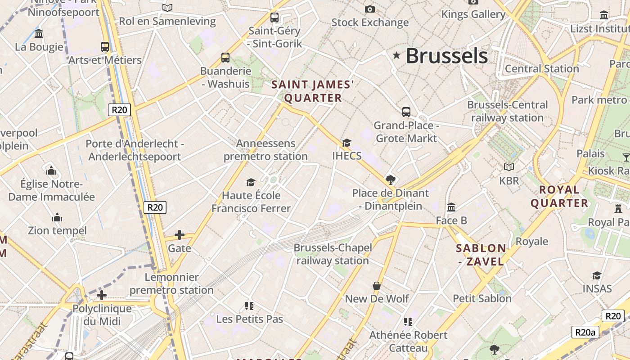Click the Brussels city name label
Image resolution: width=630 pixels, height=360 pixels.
(x=446, y=56)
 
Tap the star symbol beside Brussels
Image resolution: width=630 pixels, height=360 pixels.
(x=396, y=55)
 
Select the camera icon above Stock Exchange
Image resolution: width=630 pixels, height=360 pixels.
(x=369, y=9)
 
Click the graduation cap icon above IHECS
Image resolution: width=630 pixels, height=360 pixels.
(x=346, y=143)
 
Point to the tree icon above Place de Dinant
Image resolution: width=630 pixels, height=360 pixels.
(x=391, y=180)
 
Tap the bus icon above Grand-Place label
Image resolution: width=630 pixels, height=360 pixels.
(x=406, y=112)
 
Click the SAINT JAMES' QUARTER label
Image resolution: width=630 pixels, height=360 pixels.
(x=313, y=91)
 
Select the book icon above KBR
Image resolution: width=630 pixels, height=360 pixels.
(x=508, y=167)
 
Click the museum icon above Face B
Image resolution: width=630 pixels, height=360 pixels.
(x=451, y=207)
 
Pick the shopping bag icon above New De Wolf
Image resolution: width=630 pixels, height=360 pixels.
(x=377, y=286)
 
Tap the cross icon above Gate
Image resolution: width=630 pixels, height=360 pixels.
(x=180, y=235)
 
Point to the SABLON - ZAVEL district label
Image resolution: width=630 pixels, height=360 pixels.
(x=481, y=255)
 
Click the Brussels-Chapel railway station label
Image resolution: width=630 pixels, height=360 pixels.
(x=333, y=254)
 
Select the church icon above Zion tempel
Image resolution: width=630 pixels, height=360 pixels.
(x=57, y=218)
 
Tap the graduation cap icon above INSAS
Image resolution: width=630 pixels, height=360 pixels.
(x=597, y=275)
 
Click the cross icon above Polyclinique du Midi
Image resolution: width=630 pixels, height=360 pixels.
(x=102, y=295)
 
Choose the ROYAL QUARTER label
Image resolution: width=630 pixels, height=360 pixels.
(x=559, y=196)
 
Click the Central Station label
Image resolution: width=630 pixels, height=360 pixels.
(x=542, y=69)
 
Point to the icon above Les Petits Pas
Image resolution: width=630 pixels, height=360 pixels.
(x=249, y=306)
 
